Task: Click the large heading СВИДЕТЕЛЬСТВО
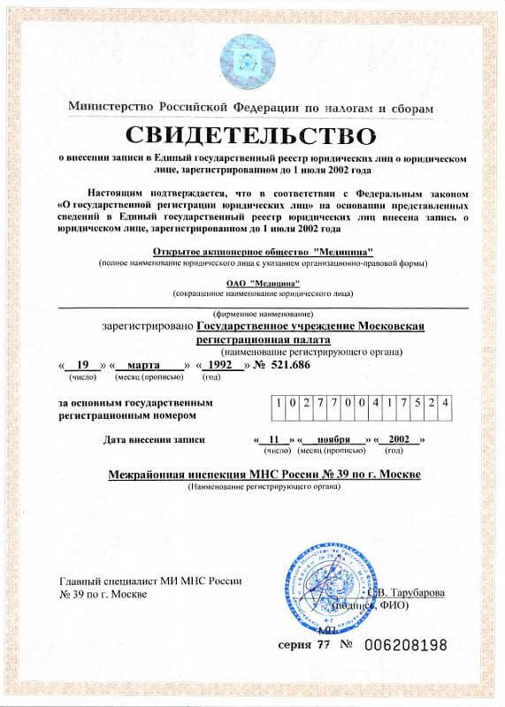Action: pyautogui.click(x=252, y=136)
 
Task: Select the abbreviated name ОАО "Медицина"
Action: pyautogui.click(x=252, y=282)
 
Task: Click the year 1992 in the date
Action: pyautogui.click(x=221, y=364)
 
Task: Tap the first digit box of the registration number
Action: pyautogui.click(x=279, y=402)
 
